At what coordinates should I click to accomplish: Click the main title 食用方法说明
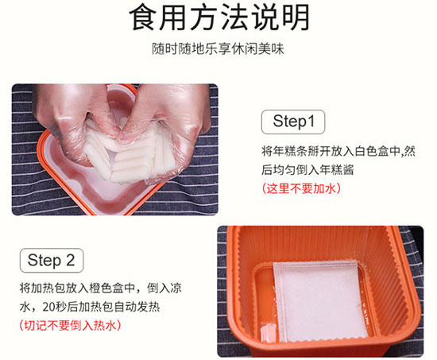pos(219,17)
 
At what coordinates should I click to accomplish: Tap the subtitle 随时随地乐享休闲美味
pos(218,48)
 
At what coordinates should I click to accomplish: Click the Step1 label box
pos(293,122)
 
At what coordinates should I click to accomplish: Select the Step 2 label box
pos(52,260)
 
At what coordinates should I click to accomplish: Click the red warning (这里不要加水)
pos(301,188)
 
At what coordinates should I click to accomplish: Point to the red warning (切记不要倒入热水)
pos(70,325)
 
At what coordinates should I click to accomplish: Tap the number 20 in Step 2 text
pos(48,307)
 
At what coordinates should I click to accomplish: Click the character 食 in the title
pos(143,17)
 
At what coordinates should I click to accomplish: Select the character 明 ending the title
pos(296,17)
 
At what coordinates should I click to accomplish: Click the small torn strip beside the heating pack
pos(268,332)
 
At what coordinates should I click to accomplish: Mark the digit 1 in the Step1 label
pos(311,122)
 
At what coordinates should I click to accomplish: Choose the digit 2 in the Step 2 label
pos(71,260)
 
